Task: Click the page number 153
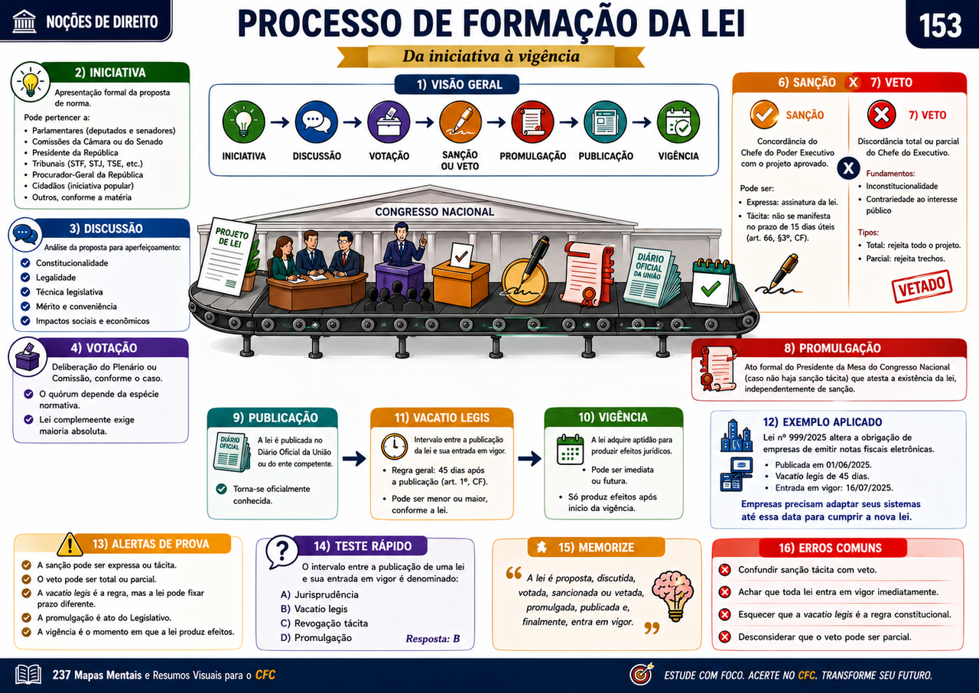pos(940,26)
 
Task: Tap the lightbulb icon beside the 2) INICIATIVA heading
pos(30,82)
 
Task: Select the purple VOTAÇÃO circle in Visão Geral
pos(389,122)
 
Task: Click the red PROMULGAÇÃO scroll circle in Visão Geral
pos(533,122)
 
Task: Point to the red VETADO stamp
pos(922,287)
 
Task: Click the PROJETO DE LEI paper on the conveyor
pos(227,256)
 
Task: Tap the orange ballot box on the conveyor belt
pos(460,276)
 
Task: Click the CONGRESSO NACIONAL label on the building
pos(434,212)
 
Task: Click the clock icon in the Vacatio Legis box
pos(394,446)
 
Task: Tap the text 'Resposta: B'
pos(433,639)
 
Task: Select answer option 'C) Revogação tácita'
pos(324,623)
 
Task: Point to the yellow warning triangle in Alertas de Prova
pos(70,545)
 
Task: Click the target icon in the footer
pos(642,674)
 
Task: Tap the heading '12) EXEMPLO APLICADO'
pos(822,422)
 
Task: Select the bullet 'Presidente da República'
pos(75,152)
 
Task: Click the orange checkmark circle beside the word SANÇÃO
pos(764,115)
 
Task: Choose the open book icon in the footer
pos(28,675)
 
